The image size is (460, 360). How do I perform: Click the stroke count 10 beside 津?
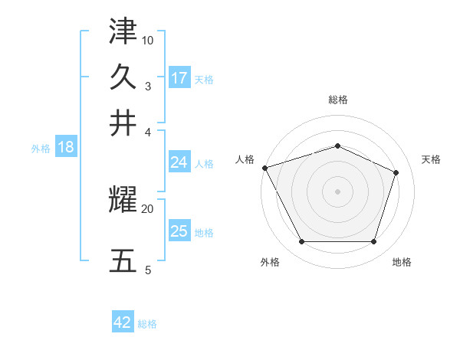pyautogui.click(x=148, y=40)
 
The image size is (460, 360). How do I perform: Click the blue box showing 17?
pyautogui.click(x=179, y=77)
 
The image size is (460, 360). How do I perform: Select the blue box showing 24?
pyautogui.click(x=179, y=162)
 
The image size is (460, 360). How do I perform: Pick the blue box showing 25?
pyautogui.click(x=179, y=231)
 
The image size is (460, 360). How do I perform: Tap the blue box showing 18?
pyautogui.click(x=65, y=148)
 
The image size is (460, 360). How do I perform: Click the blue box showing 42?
pyautogui.click(x=123, y=322)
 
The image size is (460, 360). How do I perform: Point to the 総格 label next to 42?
pyautogui.click(x=147, y=324)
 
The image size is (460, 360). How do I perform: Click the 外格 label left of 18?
pyautogui.click(x=41, y=149)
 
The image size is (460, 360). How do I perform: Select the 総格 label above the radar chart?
pyautogui.click(x=337, y=100)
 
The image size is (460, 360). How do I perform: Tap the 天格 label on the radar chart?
pyautogui.click(x=431, y=159)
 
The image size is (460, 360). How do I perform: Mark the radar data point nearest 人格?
pyautogui.click(x=264, y=168)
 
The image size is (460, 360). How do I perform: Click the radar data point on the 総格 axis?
pyautogui.click(x=337, y=146)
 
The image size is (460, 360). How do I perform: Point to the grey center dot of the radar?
pyautogui.click(x=337, y=191)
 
